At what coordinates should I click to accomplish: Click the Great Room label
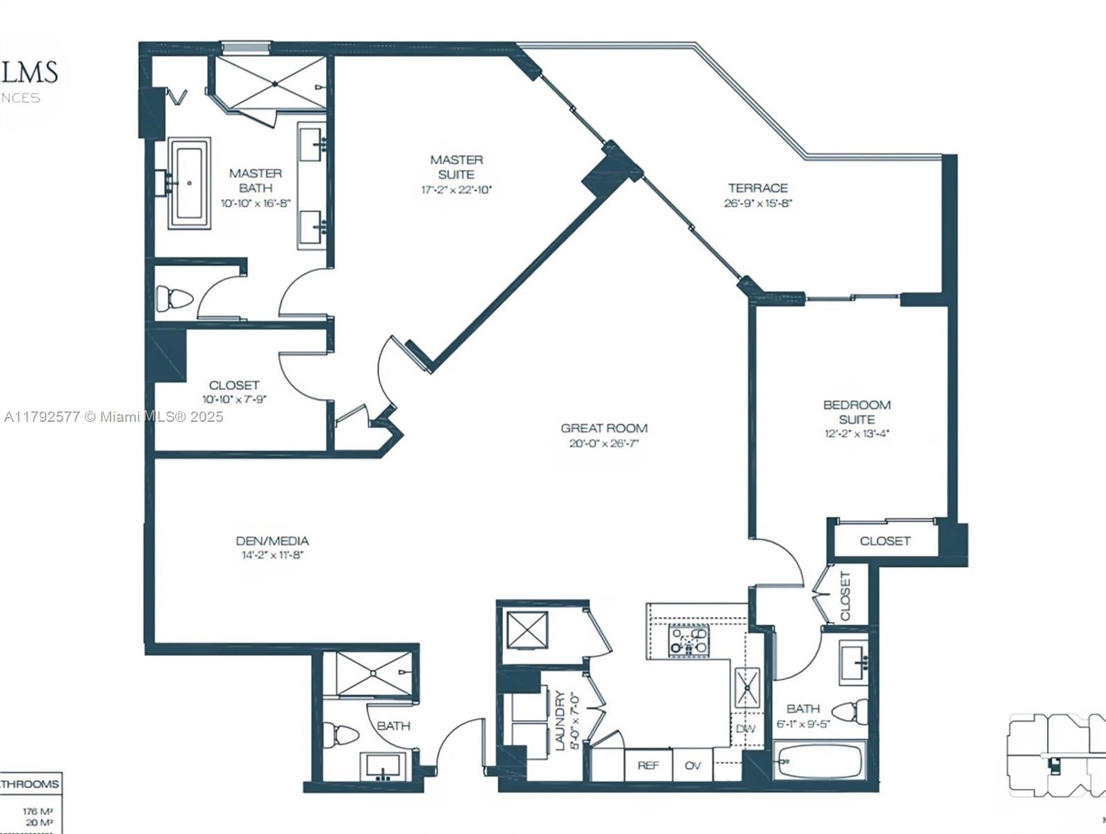604,429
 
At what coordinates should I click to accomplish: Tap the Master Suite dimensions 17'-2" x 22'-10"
456,190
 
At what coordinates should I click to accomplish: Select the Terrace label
757,188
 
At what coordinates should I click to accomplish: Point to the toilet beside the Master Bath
174,299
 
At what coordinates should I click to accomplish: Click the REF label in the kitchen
647,765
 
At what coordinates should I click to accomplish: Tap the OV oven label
693,765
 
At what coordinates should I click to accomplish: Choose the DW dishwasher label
745,729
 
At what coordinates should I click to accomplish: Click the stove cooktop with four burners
688,640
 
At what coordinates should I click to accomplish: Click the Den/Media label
272,541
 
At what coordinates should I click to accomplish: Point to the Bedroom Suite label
857,411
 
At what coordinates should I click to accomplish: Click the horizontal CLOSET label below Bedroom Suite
884,541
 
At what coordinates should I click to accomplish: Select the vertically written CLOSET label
845,596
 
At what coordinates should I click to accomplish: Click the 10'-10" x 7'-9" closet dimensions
234,400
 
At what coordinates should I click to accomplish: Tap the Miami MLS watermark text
113,417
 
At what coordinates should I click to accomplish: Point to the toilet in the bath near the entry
342,735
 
